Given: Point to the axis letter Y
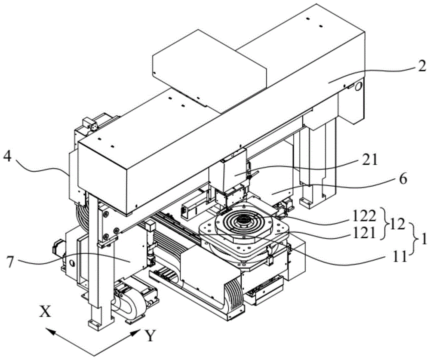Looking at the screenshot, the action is tap(150, 335).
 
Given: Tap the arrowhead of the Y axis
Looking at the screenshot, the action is tap(139, 333).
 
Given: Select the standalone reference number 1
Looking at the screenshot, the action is tap(424, 240).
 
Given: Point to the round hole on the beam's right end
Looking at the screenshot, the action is tap(359, 87).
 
